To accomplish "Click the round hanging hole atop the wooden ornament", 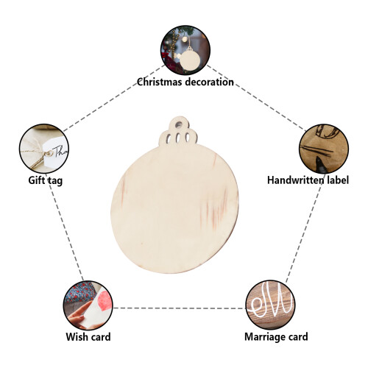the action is [178, 124].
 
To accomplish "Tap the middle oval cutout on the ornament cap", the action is [179, 138].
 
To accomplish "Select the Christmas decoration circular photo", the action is [185, 50].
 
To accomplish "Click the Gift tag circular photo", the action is [44, 149].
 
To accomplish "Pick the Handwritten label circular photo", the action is [324, 149].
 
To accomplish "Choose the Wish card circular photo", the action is [88, 305].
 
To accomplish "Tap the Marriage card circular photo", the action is [271, 305].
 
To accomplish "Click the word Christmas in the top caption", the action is [159, 82].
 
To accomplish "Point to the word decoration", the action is [209, 82].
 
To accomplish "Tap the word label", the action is [338, 180].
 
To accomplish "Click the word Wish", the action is [76, 337].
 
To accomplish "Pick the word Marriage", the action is [265, 337].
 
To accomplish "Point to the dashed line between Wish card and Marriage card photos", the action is [180, 308].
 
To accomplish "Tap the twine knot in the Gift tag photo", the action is [49, 153].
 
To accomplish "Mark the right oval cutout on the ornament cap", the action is [188, 138].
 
